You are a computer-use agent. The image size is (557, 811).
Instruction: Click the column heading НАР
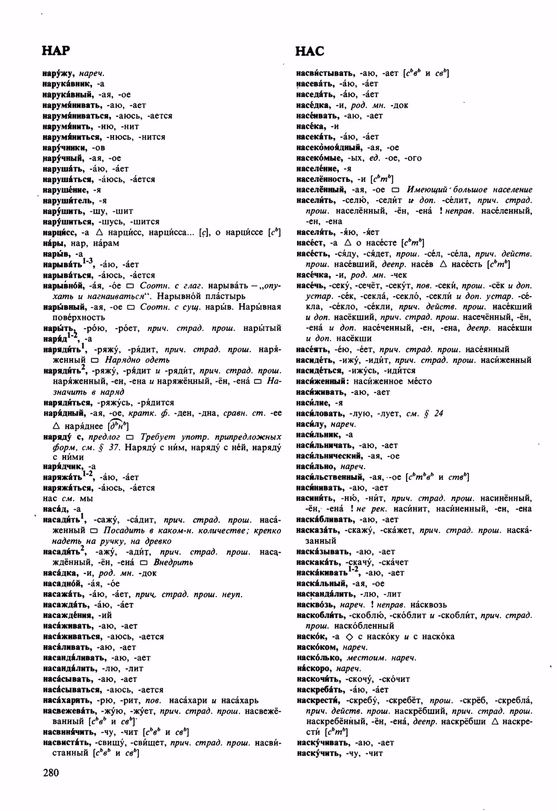click(x=56, y=50)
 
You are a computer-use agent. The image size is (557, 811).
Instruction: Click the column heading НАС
click(x=310, y=51)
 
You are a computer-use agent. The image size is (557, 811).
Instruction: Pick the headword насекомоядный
click(x=329, y=147)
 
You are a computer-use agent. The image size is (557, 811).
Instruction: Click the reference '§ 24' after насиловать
click(x=435, y=413)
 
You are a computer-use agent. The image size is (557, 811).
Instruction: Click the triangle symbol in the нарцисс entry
click(x=99, y=232)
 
